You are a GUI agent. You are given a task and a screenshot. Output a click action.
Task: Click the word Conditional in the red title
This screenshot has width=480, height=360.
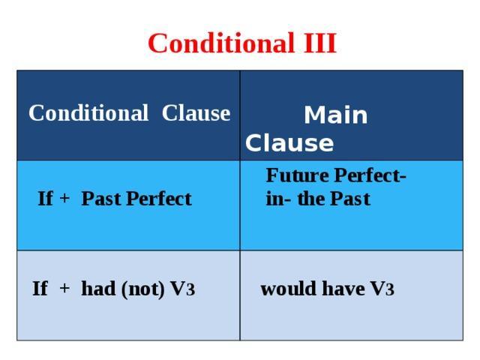coord(220,43)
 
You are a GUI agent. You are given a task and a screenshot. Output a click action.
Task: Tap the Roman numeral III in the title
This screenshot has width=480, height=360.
coord(320,43)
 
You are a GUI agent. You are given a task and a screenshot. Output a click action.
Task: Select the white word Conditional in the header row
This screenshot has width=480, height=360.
coord(88,113)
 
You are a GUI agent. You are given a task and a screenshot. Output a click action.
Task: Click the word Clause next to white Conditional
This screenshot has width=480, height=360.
coord(196,113)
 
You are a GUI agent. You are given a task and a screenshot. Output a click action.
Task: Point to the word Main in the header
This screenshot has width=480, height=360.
coord(335,115)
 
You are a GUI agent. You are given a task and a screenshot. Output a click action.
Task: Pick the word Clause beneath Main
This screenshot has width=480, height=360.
coord(289,143)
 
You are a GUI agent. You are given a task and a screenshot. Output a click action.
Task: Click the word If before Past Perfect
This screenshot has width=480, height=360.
coord(45,198)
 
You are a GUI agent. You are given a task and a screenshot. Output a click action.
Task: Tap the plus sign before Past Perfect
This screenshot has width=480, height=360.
coord(64,198)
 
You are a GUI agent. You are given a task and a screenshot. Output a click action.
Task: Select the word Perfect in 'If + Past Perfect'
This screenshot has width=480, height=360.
coord(159,198)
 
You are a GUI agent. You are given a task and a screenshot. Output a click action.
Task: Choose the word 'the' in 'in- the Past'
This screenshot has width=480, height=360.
coord(310,199)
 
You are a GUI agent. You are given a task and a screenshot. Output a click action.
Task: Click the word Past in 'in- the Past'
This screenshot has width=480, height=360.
coord(350,199)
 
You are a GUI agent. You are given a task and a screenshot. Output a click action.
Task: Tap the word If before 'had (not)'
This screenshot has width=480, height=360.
coord(40,288)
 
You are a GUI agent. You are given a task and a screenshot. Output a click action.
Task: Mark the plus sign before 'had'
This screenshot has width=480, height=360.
coord(64,288)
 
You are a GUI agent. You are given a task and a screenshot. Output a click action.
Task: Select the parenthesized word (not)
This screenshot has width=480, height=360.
coord(143,289)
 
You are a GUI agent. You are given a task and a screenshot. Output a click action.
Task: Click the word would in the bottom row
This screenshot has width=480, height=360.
coord(288,288)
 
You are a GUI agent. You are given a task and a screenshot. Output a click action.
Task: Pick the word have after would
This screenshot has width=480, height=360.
coord(343,288)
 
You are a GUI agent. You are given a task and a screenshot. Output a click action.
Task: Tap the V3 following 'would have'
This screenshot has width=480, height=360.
coord(382,288)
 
